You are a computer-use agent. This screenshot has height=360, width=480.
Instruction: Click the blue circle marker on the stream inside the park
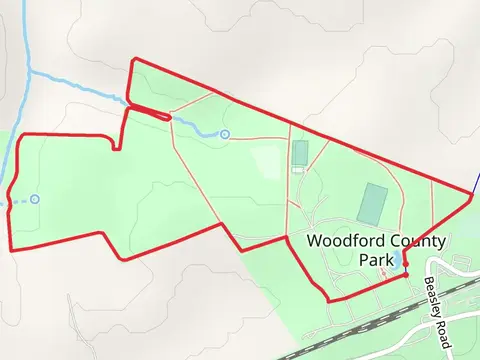click(225, 134)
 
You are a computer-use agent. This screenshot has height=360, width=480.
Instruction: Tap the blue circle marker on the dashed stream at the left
click(35, 199)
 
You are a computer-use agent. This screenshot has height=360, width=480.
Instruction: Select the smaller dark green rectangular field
click(300, 153)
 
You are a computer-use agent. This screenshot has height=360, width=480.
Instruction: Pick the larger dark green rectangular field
click(373, 203)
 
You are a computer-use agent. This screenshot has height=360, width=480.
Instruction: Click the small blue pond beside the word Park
click(399, 260)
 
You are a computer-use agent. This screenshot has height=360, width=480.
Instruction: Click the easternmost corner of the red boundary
click(471, 197)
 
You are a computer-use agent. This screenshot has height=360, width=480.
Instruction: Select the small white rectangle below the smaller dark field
click(297, 171)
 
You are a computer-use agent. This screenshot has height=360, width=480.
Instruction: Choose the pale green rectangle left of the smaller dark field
click(267, 160)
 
